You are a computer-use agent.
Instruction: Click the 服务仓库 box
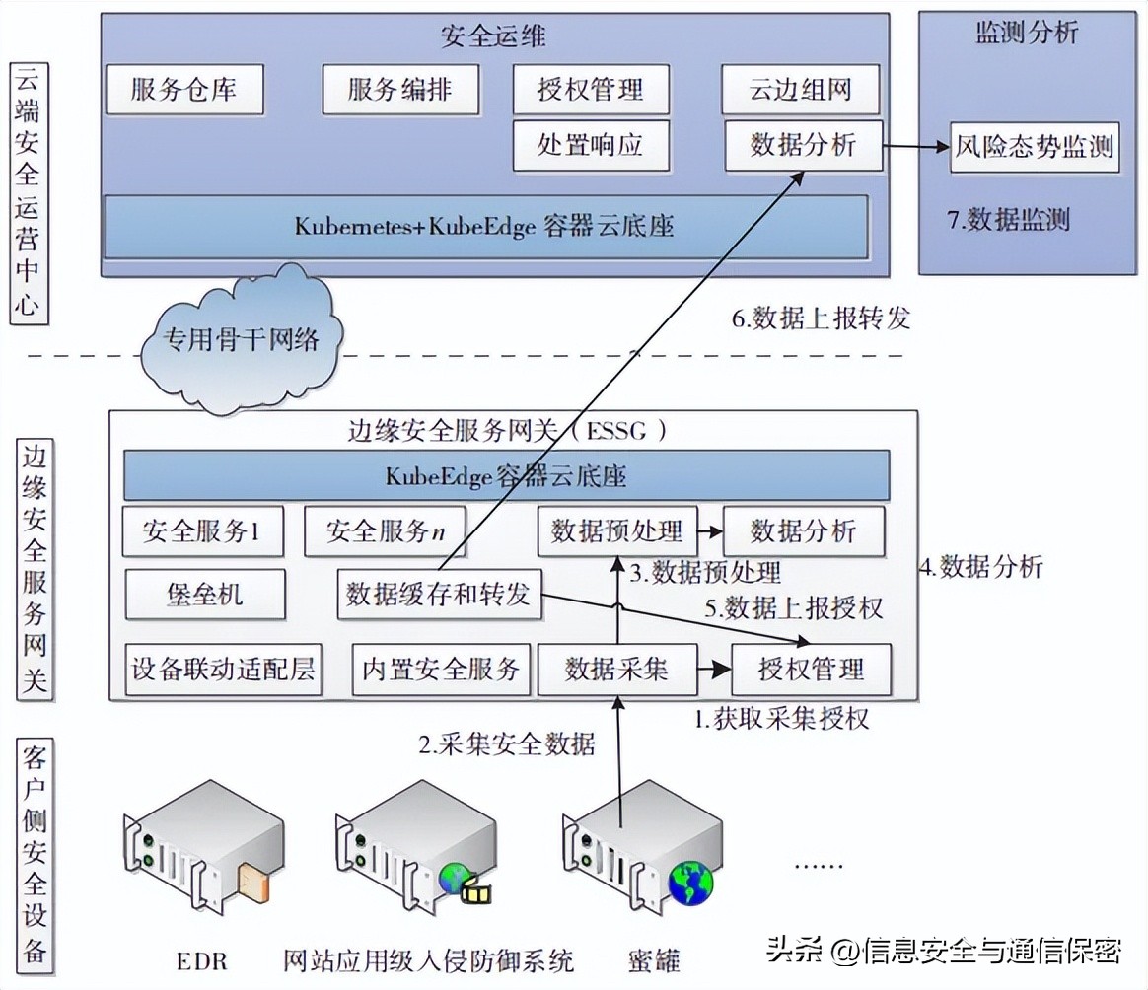[184, 90]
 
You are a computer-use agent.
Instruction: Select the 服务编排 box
[399, 90]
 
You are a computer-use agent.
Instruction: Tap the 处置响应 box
[590, 146]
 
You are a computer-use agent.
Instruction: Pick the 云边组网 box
[802, 91]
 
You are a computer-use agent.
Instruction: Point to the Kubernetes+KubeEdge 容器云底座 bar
[485, 226]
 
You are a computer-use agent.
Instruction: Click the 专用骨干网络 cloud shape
[243, 340]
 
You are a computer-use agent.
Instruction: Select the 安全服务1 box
[202, 532]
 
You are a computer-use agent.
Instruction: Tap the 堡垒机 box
[205, 595]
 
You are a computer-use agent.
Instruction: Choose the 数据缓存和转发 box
[439, 595]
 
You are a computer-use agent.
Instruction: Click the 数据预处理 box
[616, 532]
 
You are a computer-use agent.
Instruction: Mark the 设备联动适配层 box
[224, 670]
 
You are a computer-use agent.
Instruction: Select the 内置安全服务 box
[441, 670]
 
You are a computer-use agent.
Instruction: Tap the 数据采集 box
[616, 670]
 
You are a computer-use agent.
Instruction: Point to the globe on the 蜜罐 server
[690, 882]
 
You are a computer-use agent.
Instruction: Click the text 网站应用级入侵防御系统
[428, 958]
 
